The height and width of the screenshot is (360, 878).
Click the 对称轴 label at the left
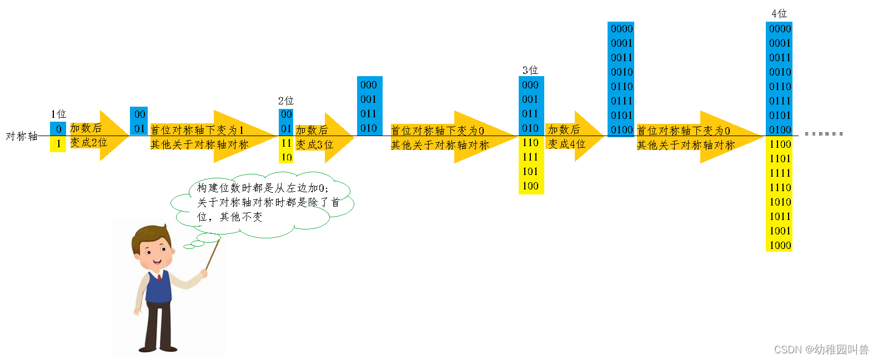[x=22, y=136]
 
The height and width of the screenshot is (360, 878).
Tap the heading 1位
[x=58, y=114]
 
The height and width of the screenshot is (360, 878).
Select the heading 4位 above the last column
[x=779, y=13]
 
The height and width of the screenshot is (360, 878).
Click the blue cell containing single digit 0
[x=58, y=129]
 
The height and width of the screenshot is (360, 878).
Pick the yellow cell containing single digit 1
[x=58, y=144]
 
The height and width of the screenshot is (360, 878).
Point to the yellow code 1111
[x=780, y=173]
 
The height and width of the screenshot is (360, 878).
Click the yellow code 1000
[x=780, y=246]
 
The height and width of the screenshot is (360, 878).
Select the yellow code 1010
[x=780, y=202]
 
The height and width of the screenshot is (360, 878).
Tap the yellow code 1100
[x=780, y=144]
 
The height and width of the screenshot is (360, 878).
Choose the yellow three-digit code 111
[x=530, y=157]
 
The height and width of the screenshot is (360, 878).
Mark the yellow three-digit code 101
[x=530, y=172]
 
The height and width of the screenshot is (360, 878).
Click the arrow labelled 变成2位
[x=98, y=136]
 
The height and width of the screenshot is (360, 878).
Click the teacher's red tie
[x=159, y=276]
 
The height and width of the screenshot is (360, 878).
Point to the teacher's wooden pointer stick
[x=212, y=255]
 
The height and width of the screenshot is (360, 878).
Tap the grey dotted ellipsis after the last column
[x=824, y=134]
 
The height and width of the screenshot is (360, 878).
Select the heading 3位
[x=530, y=70]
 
